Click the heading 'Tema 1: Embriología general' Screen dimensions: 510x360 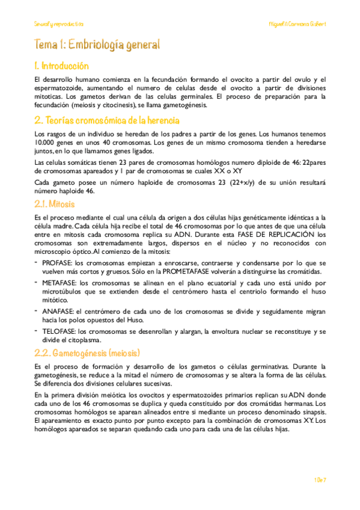(x=97, y=45)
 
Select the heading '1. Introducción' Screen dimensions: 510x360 (x=61, y=66)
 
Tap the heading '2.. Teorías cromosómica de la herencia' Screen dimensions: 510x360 (x=106, y=121)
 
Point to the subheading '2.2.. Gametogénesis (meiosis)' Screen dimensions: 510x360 (x=87, y=352)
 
